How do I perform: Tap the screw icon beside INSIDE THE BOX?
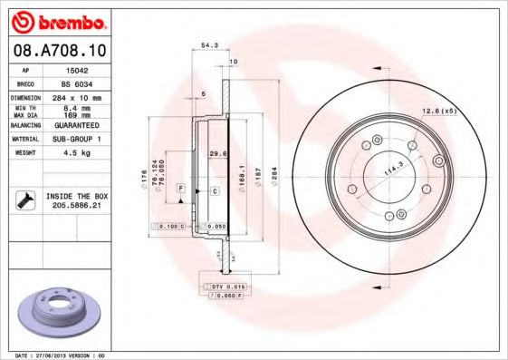click(24, 200)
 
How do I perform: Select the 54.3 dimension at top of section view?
click(209, 44)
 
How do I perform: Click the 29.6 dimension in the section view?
click(216, 154)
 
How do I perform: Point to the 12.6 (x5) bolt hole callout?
click(441, 112)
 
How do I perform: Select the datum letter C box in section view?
click(215, 191)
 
